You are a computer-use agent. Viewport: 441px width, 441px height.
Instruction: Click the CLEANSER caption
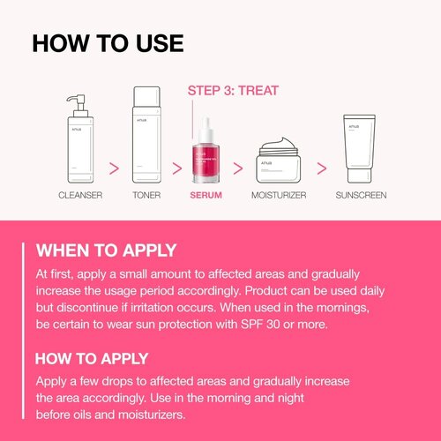click(79, 194)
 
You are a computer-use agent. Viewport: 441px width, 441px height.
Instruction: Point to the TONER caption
click(146, 194)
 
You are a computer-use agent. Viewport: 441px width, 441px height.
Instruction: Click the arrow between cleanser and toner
click(113, 167)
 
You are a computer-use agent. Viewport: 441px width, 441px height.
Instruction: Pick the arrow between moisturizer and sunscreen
click(321, 167)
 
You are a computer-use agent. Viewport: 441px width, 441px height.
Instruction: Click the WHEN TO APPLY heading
click(106, 250)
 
